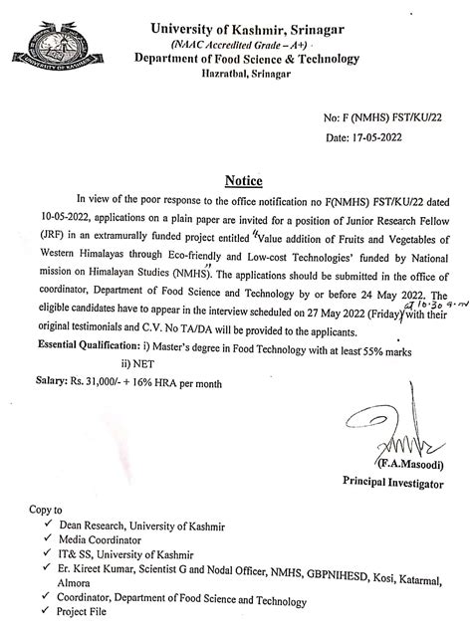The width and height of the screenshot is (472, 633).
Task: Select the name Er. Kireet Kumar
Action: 106,571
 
